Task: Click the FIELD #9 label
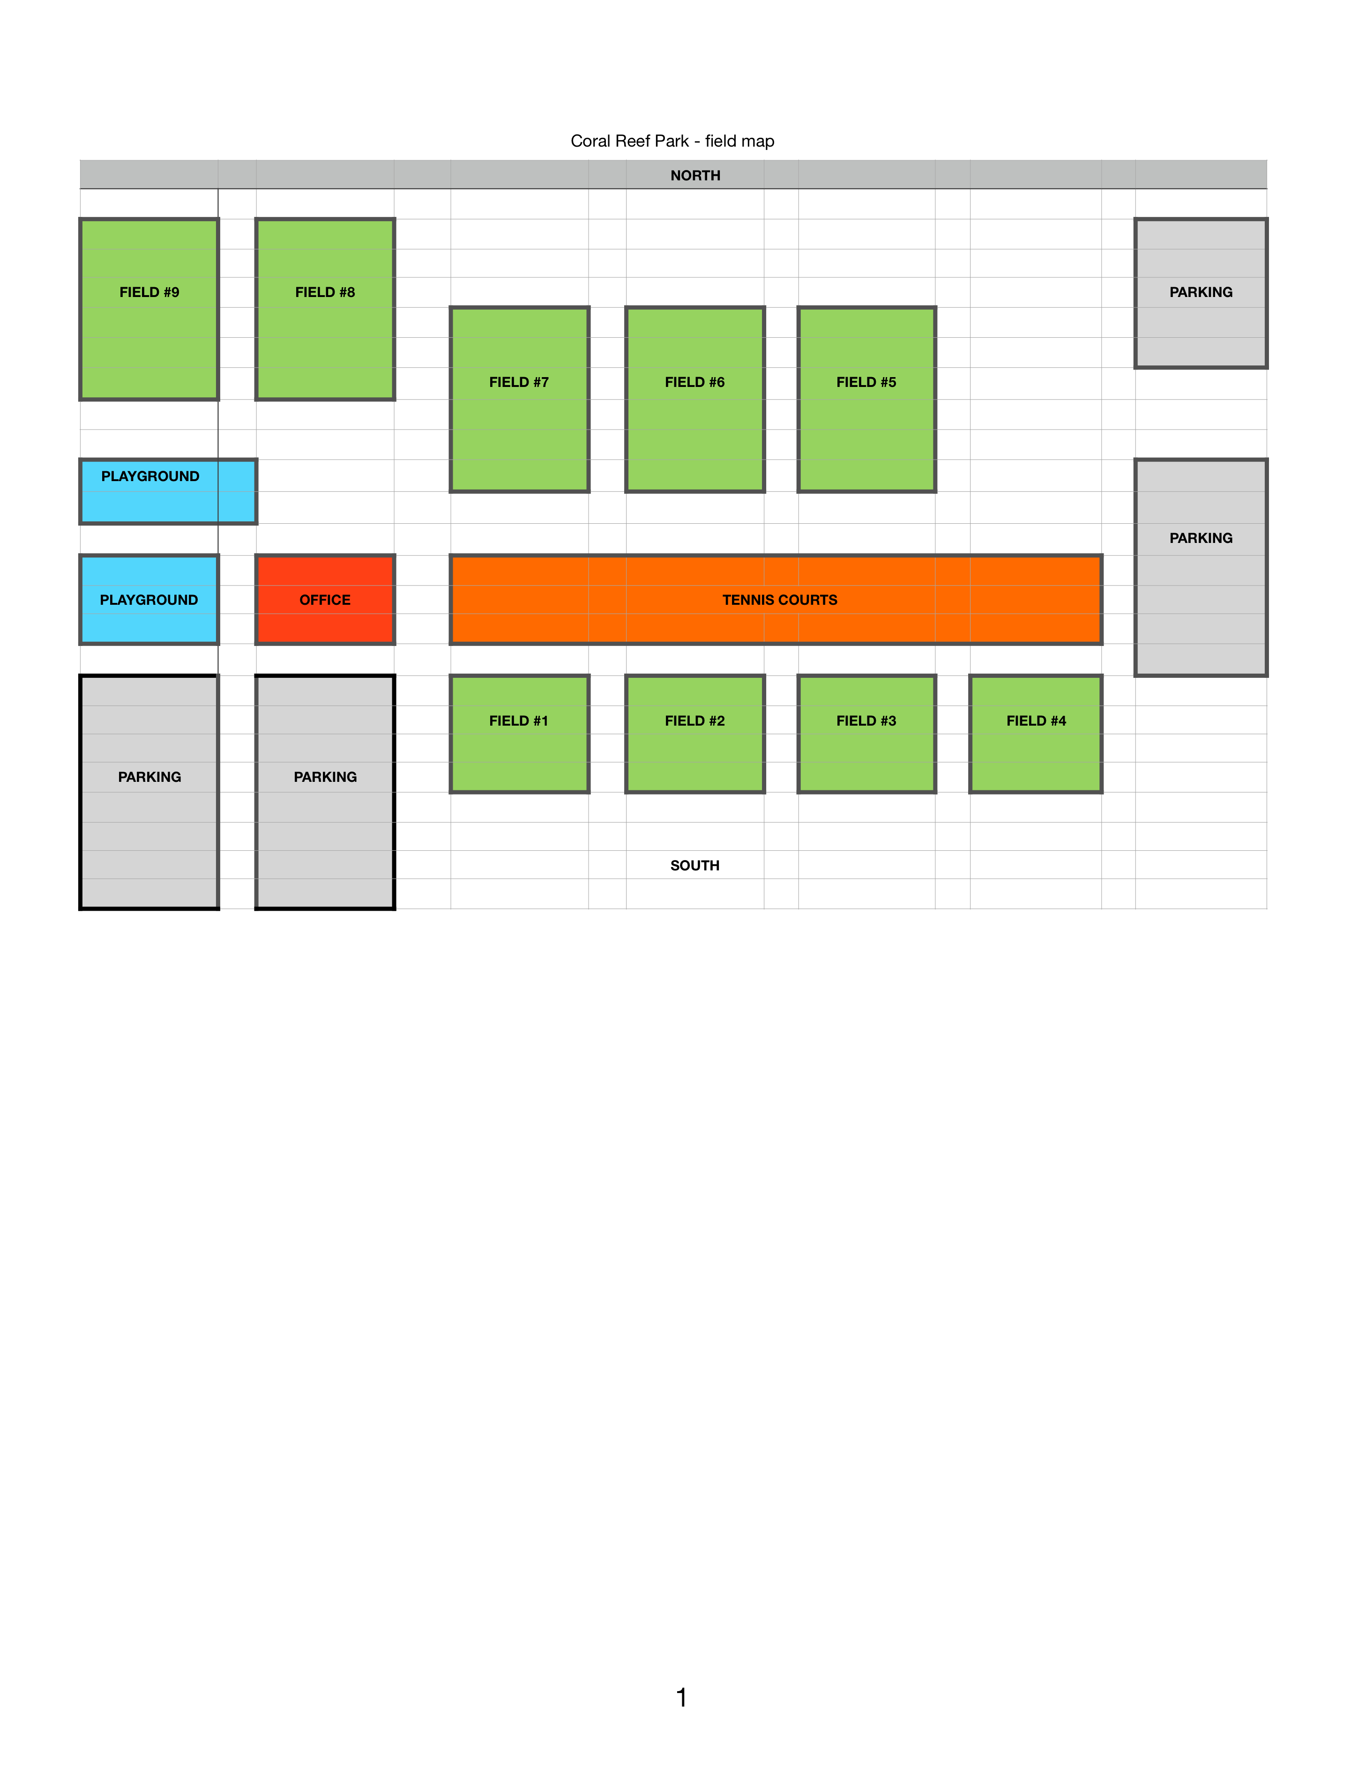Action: click(x=149, y=292)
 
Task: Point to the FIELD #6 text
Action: click(x=695, y=382)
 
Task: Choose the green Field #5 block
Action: click(x=867, y=399)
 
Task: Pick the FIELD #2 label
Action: click(x=695, y=721)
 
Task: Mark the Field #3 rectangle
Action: click(x=867, y=734)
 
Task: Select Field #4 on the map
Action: click(x=1036, y=734)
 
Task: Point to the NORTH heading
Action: click(x=695, y=176)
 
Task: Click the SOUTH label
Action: click(x=695, y=866)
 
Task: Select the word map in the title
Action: click(x=757, y=141)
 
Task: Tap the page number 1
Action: click(x=681, y=1697)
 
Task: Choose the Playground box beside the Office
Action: click(x=149, y=600)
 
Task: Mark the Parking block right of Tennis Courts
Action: click(x=1201, y=567)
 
